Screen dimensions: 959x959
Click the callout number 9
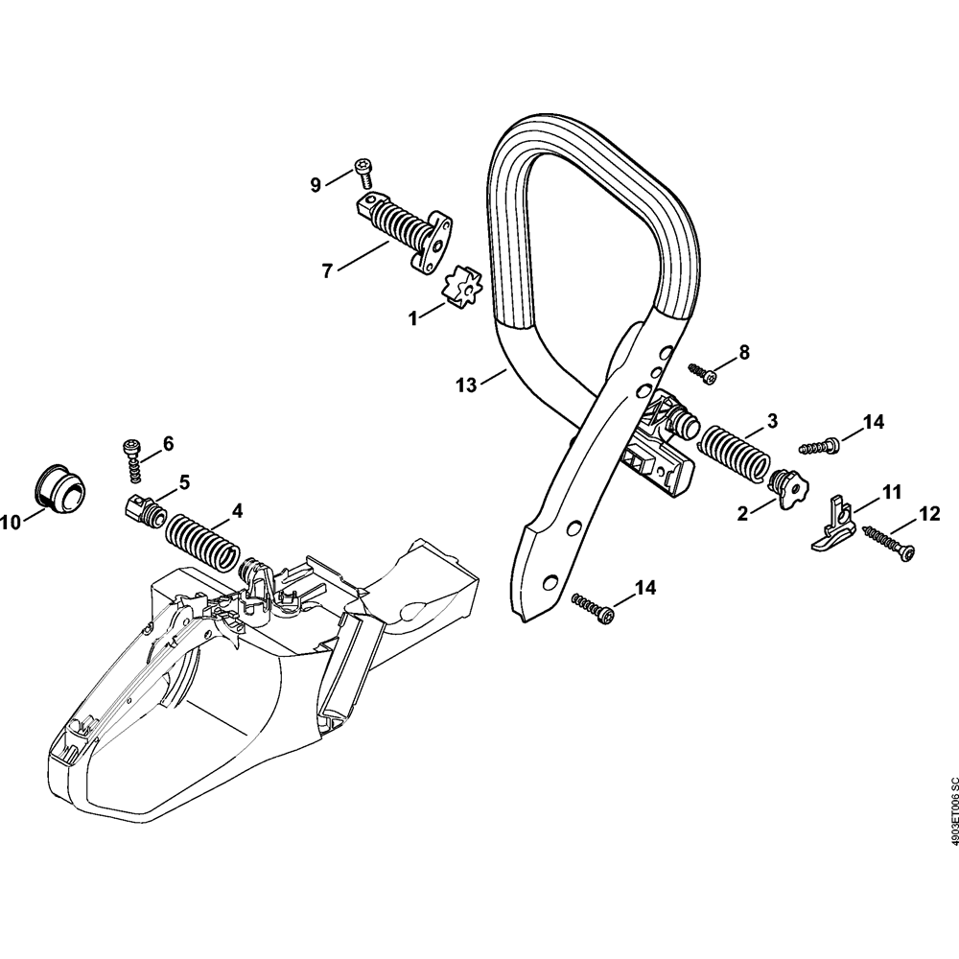pyautogui.click(x=316, y=185)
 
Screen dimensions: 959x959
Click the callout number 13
pyautogui.click(x=466, y=386)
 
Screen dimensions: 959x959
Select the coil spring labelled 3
pyautogui.click(x=735, y=452)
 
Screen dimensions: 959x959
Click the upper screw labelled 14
pyautogui.click(x=819, y=445)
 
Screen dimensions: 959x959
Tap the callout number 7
pyautogui.click(x=327, y=271)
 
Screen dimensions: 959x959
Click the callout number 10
pyautogui.click(x=12, y=523)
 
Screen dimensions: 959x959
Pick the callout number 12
pyautogui.click(x=930, y=514)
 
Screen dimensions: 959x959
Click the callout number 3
pyautogui.click(x=772, y=421)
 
